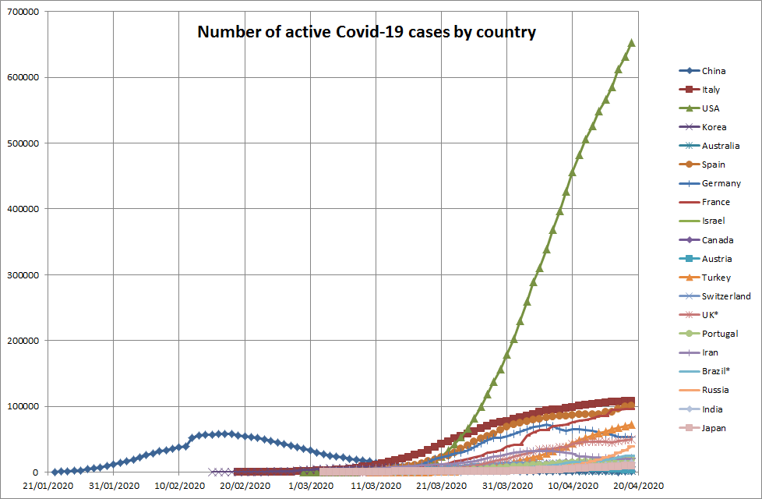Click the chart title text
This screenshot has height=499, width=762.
tap(366, 32)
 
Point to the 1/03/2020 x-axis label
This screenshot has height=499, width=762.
tap(312, 486)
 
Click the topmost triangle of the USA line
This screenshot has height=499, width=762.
tap(631, 43)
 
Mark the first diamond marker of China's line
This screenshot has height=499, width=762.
tap(55, 472)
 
